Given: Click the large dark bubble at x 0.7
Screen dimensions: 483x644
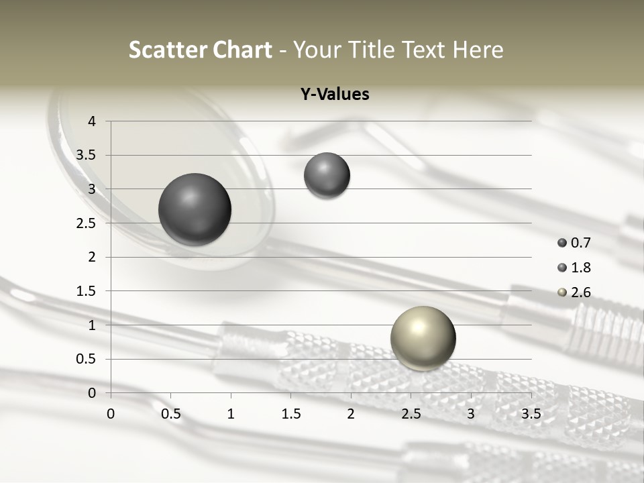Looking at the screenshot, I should point(195,209).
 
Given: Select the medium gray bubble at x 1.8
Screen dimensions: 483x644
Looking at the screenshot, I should point(327,175).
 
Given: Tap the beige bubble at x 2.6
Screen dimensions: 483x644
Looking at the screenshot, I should point(423,338).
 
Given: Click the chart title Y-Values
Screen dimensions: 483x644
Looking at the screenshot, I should point(334,95).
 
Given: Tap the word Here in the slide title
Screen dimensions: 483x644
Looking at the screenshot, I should point(478,50).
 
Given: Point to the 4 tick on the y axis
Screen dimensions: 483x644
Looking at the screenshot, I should point(92,121).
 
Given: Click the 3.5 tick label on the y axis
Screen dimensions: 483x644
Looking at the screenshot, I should point(87,155).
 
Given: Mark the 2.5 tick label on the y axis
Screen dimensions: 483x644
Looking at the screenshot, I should point(87,223).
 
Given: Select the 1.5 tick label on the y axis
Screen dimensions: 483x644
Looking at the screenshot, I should point(87,291).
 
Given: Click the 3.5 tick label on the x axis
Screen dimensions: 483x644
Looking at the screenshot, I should point(531,414).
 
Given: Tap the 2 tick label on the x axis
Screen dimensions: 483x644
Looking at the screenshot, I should point(351,414).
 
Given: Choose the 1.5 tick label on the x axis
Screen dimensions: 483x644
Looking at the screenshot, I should point(290,414).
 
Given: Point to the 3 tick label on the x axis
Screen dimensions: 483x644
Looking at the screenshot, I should point(471,414).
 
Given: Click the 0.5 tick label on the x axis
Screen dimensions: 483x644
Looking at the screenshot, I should point(170,414).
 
